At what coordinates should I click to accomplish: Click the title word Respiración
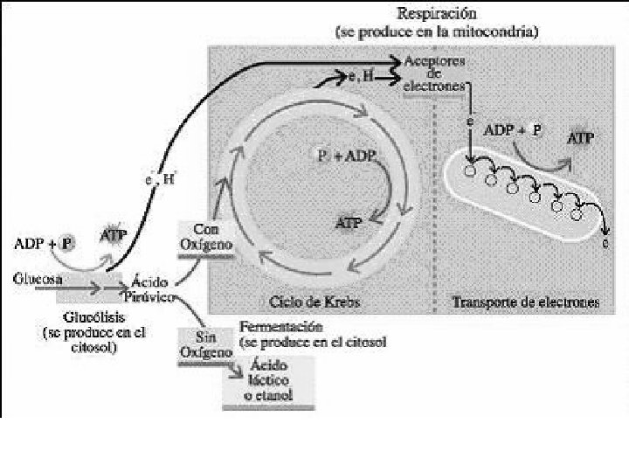click(436, 13)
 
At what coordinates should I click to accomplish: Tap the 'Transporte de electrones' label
click(525, 302)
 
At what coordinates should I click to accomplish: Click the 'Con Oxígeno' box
click(205, 239)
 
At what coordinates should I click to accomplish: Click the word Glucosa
click(38, 280)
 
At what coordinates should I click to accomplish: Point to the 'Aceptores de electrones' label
click(434, 75)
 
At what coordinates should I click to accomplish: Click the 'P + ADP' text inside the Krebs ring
click(344, 156)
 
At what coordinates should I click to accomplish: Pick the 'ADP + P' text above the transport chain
click(513, 129)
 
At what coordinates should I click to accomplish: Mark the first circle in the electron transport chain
click(470, 170)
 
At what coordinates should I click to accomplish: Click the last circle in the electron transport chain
click(576, 213)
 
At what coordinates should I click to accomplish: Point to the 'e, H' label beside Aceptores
click(362, 79)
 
